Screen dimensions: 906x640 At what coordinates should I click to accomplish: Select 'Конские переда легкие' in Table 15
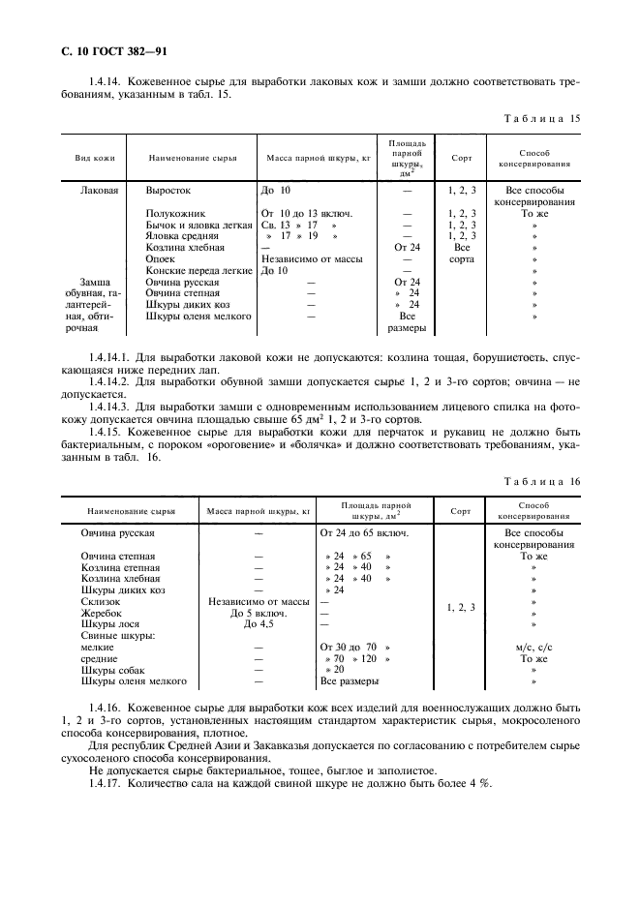pyautogui.click(x=199, y=270)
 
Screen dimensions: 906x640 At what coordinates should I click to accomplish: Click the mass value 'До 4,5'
pyautogui.click(x=259, y=624)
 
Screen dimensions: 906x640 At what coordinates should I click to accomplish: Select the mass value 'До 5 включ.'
pyautogui.click(x=259, y=613)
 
